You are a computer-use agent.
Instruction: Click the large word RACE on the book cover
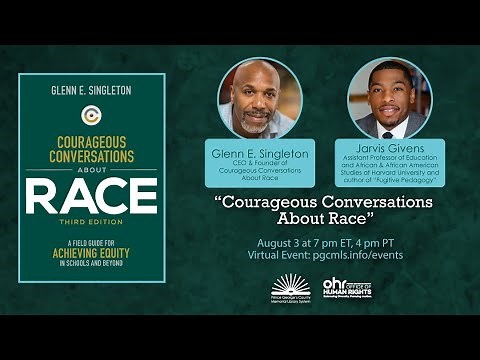[x=91, y=196]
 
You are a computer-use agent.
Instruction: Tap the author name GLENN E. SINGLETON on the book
[x=91, y=89]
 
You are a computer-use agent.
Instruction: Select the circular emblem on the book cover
[x=91, y=115]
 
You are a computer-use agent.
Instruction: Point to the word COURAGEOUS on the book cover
[x=91, y=141]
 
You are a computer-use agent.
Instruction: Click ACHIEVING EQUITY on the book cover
[x=91, y=254]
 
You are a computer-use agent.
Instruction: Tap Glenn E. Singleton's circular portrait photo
[x=259, y=98]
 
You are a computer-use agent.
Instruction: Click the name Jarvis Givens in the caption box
[x=389, y=147]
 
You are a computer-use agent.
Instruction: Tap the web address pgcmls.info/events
[x=373, y=256]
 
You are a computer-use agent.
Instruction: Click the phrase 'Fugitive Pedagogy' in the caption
[x=406, y=181]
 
